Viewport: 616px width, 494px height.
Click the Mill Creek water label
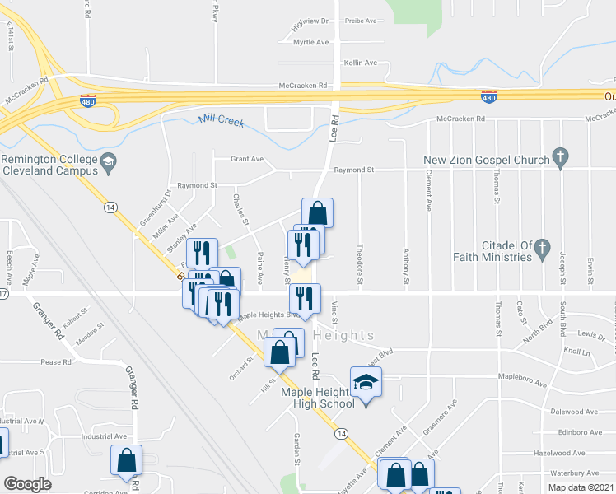click(x=222, y=122)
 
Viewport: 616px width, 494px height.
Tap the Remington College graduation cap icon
click(x=107, y=163)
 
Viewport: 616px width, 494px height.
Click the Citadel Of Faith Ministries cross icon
click(x=542, y=246)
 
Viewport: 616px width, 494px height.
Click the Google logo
click(x=28, y=484)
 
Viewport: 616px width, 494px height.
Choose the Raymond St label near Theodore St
click(x=354, y=170)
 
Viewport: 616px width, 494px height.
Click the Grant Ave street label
click(x=247, y=159)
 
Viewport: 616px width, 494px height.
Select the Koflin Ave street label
click(x=361, y=63)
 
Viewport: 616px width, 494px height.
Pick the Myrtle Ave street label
click(x=310, y=42)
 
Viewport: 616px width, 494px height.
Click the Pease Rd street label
click(x=57, y=361)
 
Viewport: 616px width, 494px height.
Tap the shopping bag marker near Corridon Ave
click(x=127, y=462)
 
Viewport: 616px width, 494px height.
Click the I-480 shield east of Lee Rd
click(x=488, y=97)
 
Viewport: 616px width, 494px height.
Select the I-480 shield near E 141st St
click(x=88, y=100)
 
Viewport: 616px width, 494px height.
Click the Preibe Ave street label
click(x=360, y=20)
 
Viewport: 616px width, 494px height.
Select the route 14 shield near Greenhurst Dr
click(x=110, y=207)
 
